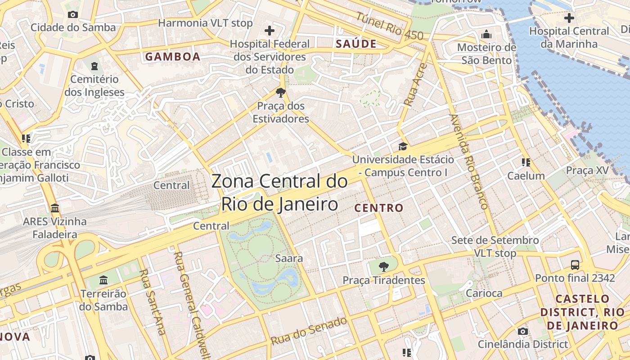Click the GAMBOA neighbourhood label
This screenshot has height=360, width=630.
pyautogui.click(x=172, y=57)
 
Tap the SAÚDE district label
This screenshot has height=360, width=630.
pyautogui.click(x=356, y=44)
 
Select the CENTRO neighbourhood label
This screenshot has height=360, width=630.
pyautogui.click(x=379, y=208)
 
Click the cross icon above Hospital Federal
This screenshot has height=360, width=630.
pyautogui.click(x=270, y=31)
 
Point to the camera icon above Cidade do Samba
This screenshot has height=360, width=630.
pyautogui.click(x=73, y=14)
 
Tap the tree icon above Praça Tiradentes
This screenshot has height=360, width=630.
pyautogui.click(x=383, y=267)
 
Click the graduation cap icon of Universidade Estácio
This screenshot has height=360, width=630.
pyautogui.click(x=403, y=146)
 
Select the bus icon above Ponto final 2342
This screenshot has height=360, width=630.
pyautogui.click(x=575, y=265)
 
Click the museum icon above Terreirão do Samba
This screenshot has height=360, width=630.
pyautogui.click(x=103, y=280)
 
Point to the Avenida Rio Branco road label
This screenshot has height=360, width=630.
pyautogui.click(x=468, y=162)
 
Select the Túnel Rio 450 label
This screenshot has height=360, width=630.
pyautogui.click(x=390, y=26)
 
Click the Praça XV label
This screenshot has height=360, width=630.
pyautogui.click(x=587, y=171)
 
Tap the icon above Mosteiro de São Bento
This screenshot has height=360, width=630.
pyautogui.click(x=486, y=35)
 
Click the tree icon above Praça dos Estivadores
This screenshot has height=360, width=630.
pyautogui.click(x=281, y=93)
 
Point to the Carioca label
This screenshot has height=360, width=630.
pyautogui.click(x=484, y=293)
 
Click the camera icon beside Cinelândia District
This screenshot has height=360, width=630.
pyautogui.click(x=522, y=332)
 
